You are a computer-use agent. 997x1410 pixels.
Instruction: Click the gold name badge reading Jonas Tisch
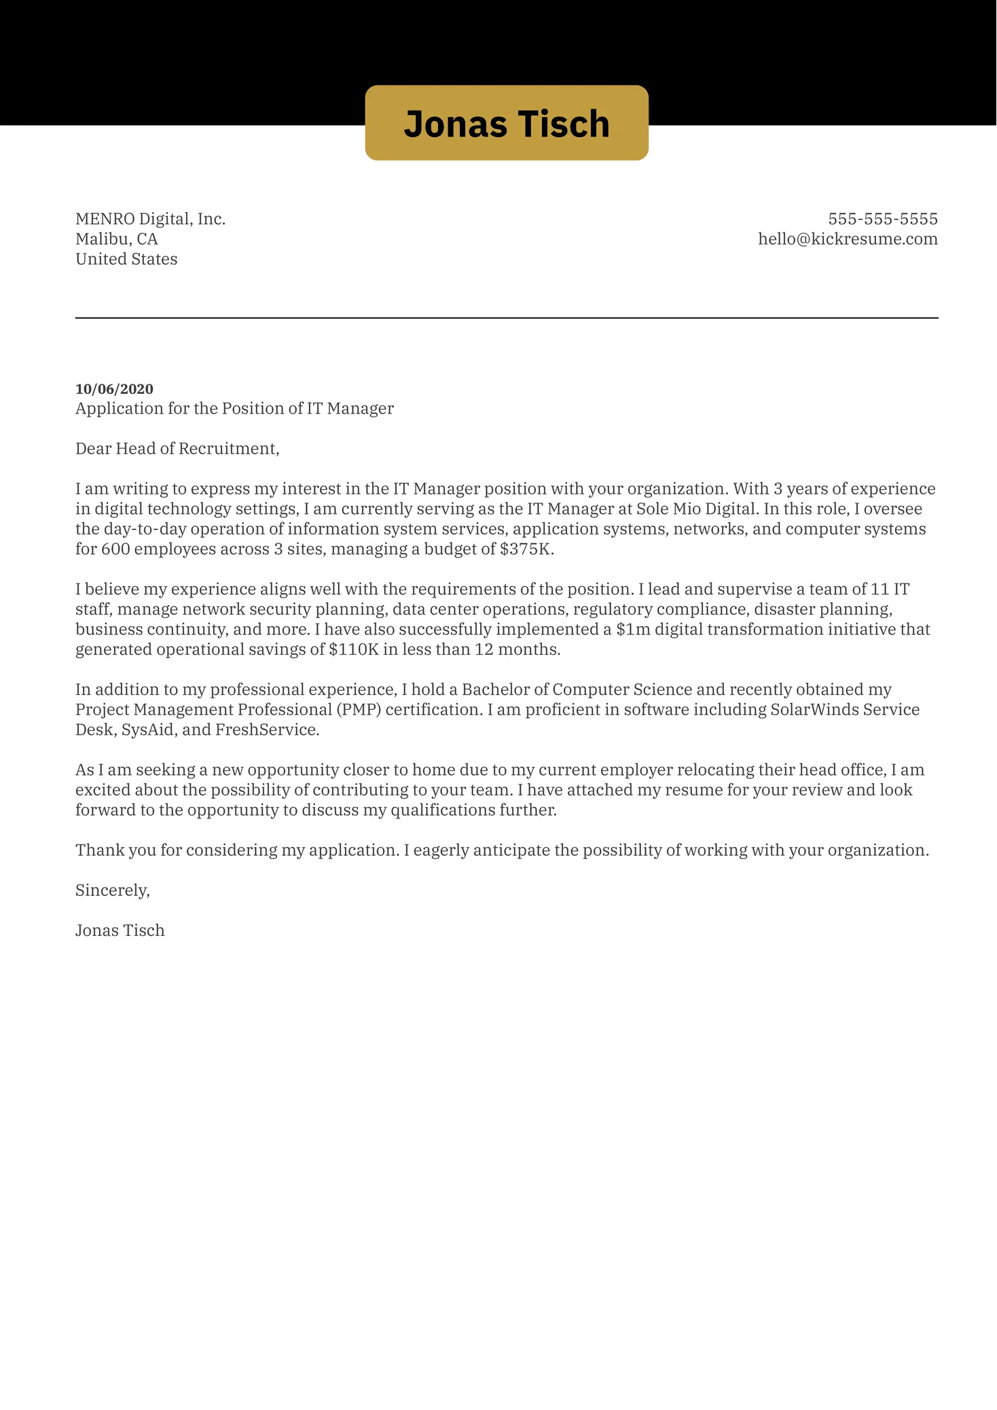coord(506,123)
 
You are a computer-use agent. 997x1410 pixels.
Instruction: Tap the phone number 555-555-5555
coord(882,219)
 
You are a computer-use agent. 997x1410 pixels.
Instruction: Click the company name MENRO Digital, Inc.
coord(150,219)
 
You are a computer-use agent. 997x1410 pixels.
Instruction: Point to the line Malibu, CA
coord(116,239)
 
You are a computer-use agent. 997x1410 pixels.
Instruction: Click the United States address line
coord(126,259)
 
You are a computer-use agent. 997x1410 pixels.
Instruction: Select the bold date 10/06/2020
coord(114,389)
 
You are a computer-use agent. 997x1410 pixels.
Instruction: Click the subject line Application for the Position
coord(234,408)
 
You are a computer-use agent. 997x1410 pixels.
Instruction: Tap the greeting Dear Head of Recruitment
coord(177,448)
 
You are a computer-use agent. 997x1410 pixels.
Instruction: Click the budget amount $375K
coord(526,549)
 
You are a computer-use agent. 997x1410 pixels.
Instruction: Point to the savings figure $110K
coord(353,649)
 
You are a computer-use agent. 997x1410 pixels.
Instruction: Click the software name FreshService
coord(266,730)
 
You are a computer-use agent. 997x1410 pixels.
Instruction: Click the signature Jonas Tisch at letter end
coord(120,930)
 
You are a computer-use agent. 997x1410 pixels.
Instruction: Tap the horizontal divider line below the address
coord(506,318)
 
